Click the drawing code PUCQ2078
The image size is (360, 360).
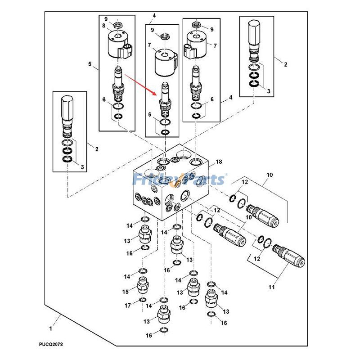pyautogui.click(x=50, y=345)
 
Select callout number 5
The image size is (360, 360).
pyautogui.click(x=90, y=64)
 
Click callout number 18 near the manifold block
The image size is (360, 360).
pyautogui.click(x=219, y=162)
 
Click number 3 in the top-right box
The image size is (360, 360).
pyautogui.click(x=269, y=91)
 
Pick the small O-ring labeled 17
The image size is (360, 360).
pyautogui.click(x=142, y=300)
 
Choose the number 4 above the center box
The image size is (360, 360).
pyautogui.click(x=154, y=16)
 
